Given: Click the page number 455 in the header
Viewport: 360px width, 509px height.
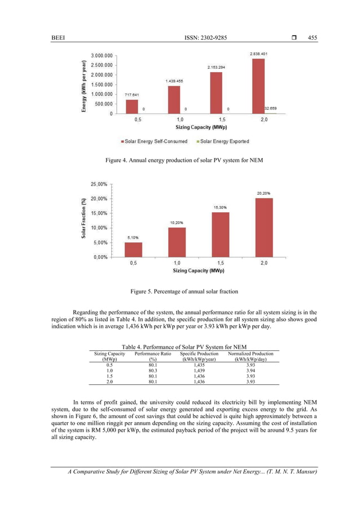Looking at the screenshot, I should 313,38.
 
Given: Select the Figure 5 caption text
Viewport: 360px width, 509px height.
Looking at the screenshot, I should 179,291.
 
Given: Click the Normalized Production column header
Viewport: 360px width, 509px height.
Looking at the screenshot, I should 250,357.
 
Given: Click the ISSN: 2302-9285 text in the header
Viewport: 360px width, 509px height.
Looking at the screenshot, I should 179,38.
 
